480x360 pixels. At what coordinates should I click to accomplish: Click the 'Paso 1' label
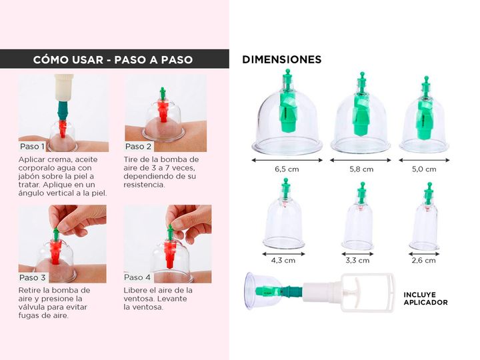pyautogui.click(x=32, y=146)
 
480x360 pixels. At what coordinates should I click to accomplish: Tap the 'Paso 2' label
pyautogui.click(x=139, y=146)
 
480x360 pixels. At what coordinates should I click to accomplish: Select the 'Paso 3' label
pyautogui.click(x=33, y=277)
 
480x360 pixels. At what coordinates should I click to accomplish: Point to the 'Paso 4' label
pyautogui.click(x=137, y=277)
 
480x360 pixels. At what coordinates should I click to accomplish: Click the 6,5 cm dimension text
pyautogui.click(x=287, y=169)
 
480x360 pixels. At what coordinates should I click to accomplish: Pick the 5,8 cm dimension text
pyautogui.click(x=361, y=169)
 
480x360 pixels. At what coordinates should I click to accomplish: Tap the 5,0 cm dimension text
pyautogui.click(x=424, y=169)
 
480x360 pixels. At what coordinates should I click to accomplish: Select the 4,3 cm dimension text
pyautogui.click(x=283, y=261)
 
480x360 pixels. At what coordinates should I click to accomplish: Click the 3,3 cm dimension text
pyautogui.click(x=357, y=261)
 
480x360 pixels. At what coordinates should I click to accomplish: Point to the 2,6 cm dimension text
pyautogui.click(x=424, y=261)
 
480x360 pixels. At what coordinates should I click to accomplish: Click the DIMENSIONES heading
pyautogui.click(x=282, y=59)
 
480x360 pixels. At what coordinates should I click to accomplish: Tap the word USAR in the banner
pyautogui.click(x=86, y=59)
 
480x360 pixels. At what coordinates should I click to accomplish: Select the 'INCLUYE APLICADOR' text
pyautogui.click(x=425, y=299)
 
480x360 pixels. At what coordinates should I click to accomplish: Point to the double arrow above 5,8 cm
pyautogui.click(x=361, y=160)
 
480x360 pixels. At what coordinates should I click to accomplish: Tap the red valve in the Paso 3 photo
pyautogui.click(x=56, y=251)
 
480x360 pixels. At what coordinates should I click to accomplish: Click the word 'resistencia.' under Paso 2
pyautogui.click(x=145, y=185)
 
